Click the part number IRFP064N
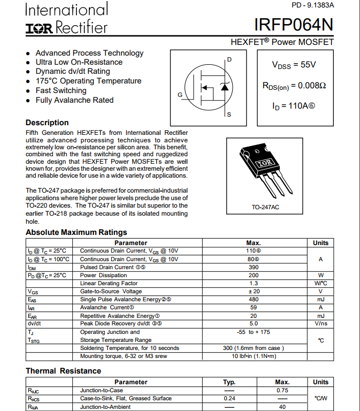point(294,25)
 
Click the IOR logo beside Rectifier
point(39,28)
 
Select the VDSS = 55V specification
point(294,65)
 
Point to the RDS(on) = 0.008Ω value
point(294,85)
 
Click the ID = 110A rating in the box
point(294,106)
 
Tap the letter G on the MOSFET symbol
point(180,95)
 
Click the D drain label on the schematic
point(229,59)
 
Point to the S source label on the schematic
point(229,115)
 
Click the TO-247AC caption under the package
point(265,207)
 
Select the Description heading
point(47,123)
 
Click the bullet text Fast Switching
point(61,90)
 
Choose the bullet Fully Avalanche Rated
point(74,100)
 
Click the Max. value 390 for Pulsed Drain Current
point(254,267)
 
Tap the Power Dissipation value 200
point(254,275)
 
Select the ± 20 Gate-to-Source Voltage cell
point(254,291)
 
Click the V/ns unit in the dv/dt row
point(321,324)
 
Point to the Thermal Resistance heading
point(63,371)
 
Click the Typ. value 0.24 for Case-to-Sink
point(229,398)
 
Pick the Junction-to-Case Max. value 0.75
point(282,390)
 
